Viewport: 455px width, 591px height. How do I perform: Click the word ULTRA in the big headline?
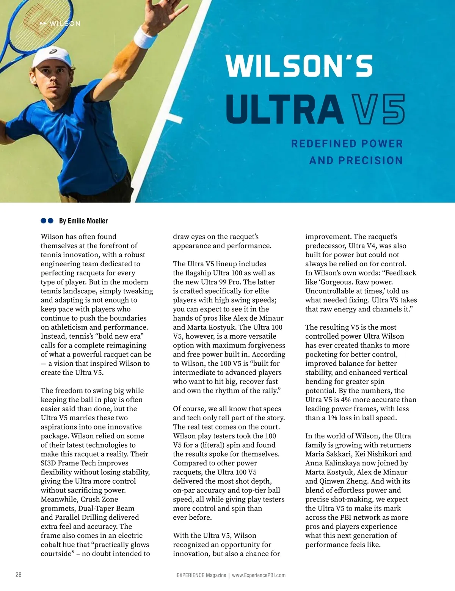click(284, 109)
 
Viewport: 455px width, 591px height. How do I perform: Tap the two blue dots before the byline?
click(47, 221)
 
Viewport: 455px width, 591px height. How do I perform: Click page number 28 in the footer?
click(18, 575)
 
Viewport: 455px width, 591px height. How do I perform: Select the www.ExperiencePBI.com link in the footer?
click(259, 575)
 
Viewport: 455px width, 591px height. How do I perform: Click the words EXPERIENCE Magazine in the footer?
click(201, 575)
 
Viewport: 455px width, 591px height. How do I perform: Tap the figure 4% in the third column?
click(348, 400)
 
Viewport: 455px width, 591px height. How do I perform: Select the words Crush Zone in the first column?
click(99, 499)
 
